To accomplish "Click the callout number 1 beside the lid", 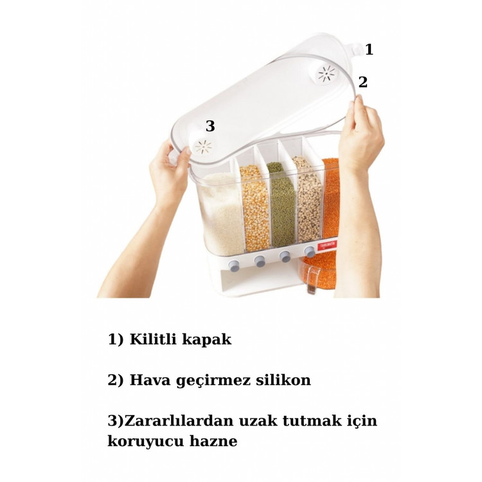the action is coord(369,49).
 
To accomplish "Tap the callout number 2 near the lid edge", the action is coord(363,82).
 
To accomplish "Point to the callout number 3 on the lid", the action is coord(210,126).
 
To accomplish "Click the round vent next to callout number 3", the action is coord(204,147).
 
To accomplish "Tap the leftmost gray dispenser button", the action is coord(234,265).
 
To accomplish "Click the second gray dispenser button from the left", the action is coord(260,262).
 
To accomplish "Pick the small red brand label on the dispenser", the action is coord(326,245).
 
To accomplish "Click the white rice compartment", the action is coord(220,213).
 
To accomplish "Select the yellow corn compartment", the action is coord(255,208).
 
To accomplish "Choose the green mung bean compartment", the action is coord(281,204).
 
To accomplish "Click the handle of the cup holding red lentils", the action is coord(312,280).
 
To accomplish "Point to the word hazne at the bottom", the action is coord(213,442).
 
